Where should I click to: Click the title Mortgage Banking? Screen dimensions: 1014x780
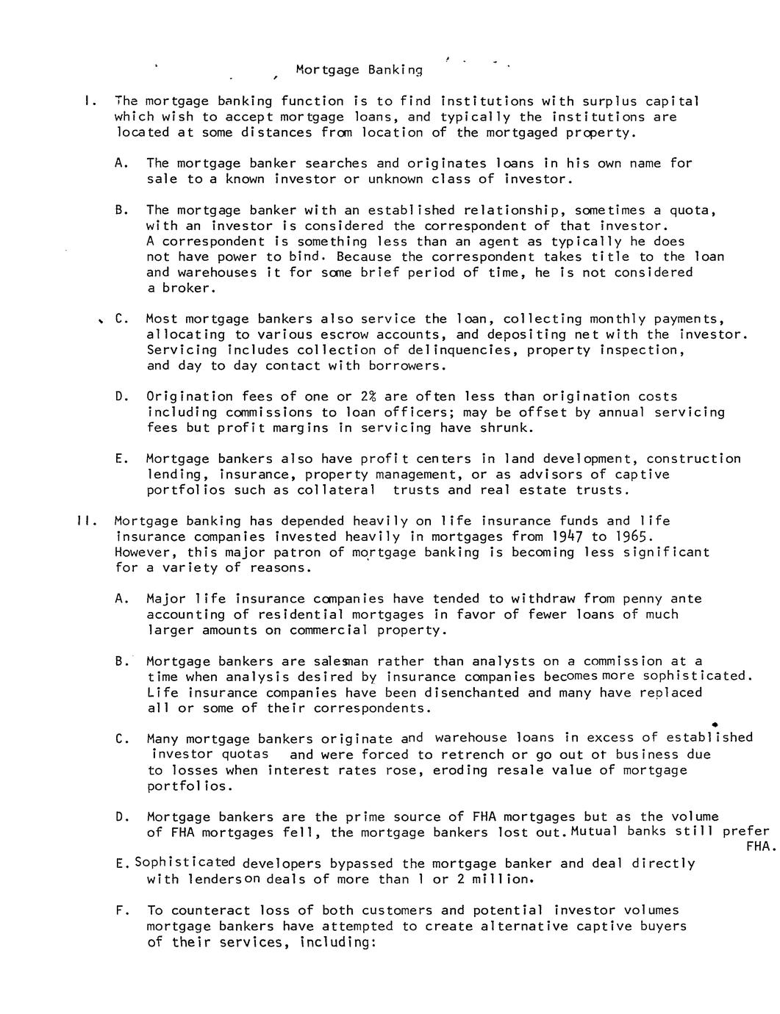359,71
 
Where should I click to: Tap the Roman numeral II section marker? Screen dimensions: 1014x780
83,521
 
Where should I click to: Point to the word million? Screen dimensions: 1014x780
501,880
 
